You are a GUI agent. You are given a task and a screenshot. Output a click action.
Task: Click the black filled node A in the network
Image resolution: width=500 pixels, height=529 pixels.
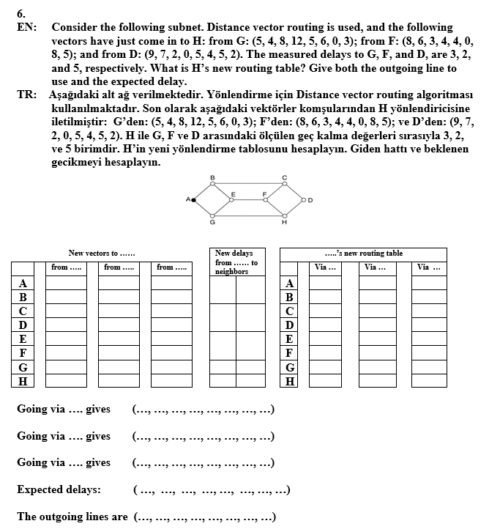pos(194,199)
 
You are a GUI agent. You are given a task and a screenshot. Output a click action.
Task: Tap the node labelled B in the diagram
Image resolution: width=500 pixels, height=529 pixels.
pos(212,183)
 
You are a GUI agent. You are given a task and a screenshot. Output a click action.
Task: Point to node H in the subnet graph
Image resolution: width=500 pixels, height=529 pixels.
pos(284,215)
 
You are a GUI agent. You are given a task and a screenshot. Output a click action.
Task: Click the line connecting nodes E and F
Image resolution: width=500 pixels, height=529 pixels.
pos(249,199)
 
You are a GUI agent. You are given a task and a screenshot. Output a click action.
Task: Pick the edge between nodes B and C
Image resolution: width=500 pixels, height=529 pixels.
pos(248,183)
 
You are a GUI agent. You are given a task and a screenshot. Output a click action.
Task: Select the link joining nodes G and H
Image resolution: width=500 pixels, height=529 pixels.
pos(248,215)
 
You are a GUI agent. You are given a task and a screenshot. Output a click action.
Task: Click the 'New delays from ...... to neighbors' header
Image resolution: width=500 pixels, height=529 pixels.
pos(236,262)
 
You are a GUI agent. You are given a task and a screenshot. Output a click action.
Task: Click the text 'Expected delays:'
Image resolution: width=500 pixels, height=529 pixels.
pos(59,489)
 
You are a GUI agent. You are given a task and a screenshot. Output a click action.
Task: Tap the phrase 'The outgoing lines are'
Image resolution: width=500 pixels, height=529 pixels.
pos(72,517)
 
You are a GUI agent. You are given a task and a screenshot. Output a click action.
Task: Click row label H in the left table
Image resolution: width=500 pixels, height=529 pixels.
pos(23,381)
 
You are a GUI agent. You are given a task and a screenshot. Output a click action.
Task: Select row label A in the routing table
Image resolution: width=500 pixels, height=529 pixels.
pos(291,284)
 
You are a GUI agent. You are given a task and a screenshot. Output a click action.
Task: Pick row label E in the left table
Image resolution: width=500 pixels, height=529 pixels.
pos(23,339)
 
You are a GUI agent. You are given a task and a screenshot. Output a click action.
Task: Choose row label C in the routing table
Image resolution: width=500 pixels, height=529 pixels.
pos(291,311)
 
